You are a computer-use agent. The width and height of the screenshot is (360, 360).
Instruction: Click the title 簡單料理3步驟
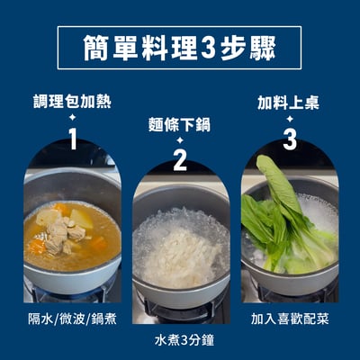(x=179, y=47)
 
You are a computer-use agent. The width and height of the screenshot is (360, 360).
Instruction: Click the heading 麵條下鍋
(x=179, y=124)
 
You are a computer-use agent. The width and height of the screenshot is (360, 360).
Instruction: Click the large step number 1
(x=72, y=138)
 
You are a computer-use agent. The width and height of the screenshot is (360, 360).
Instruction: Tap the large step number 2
(x=179, y=162)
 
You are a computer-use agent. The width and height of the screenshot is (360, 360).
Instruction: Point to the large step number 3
(x=289, y=139)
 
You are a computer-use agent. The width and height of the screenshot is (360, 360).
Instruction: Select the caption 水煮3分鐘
(x=180, y=341)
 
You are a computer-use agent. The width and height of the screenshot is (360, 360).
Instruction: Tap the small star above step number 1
(x=72, y=117)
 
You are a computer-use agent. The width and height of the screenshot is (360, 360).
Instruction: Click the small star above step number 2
(x=179, y=141)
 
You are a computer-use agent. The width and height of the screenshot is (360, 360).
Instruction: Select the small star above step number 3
(x=289, y=117)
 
